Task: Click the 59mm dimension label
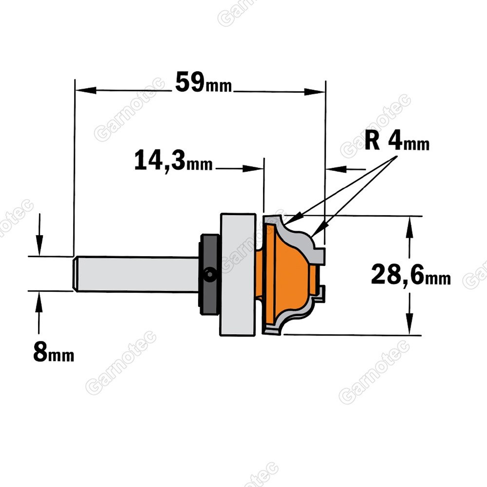[204, 83]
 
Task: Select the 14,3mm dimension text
[173, 160]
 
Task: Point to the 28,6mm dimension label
[411, 275]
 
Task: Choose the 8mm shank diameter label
[54, 353]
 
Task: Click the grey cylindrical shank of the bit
[137, 274]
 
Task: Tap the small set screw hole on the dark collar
[209, 274]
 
